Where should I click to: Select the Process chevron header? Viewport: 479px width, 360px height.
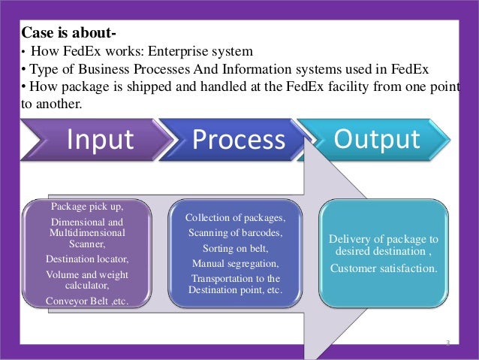239,141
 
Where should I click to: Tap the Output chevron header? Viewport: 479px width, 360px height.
377,139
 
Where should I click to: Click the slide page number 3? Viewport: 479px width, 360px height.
447,343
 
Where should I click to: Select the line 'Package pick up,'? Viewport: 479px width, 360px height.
86,205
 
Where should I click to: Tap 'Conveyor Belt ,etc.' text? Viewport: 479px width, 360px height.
86,301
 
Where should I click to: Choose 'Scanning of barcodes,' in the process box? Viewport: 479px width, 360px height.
235,233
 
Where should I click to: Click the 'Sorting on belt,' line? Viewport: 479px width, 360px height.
235,248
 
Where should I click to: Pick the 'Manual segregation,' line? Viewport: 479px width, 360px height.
235,263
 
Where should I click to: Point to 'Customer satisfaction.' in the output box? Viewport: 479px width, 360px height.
384,268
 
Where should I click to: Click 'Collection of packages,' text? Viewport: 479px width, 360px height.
235,218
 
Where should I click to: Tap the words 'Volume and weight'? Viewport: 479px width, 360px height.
86,274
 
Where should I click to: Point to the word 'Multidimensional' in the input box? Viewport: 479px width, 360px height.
86,233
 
